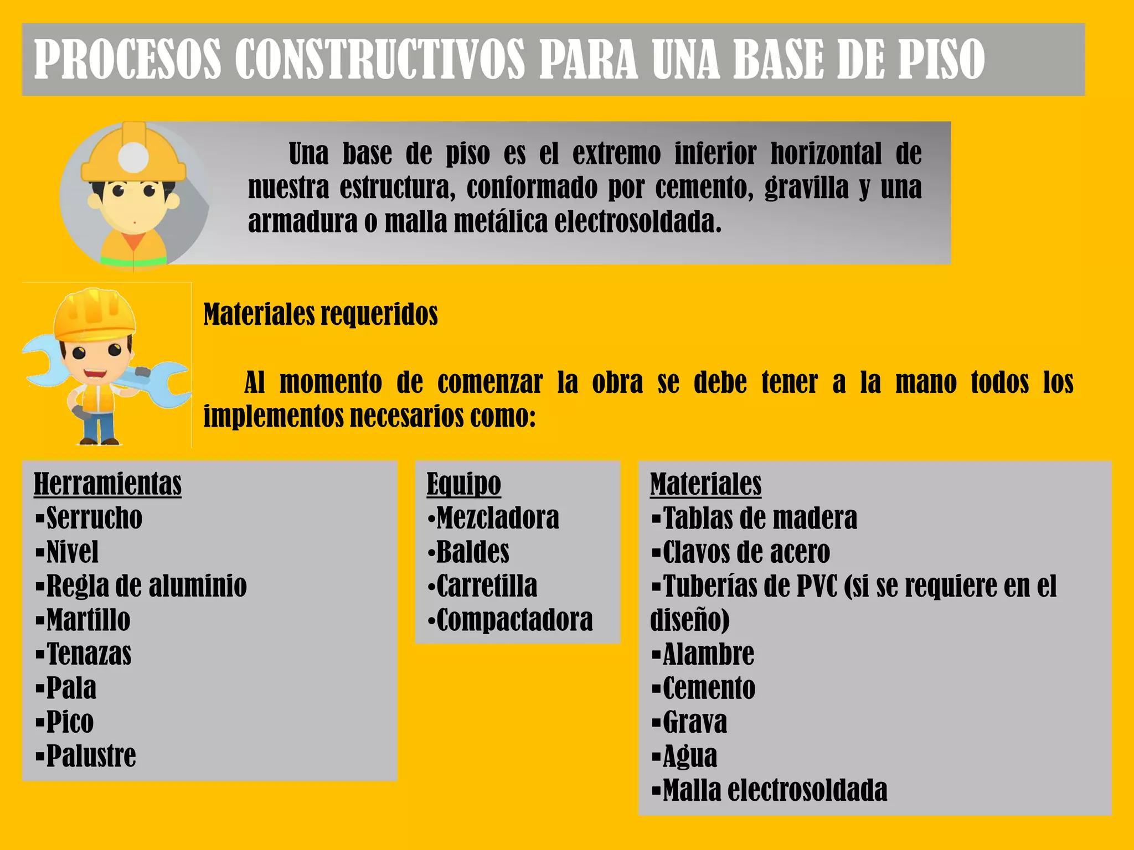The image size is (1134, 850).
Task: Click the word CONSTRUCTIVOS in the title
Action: (379, 59)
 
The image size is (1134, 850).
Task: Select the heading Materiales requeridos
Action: (321, 314)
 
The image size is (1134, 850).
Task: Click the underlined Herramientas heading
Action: (107, 484)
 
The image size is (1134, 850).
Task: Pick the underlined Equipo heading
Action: (463, 484)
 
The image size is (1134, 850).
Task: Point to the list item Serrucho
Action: (94, 518)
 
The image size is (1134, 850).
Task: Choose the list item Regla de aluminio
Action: (146, 586)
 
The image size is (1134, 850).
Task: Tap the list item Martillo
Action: (88, 620)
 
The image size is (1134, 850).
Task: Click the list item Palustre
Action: (91, 756)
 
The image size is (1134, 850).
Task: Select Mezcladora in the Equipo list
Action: (497, 518)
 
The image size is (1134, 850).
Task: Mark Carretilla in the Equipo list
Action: (486, 586)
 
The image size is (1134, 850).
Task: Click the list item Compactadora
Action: (514, 620)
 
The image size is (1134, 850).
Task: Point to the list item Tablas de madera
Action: (760, 518)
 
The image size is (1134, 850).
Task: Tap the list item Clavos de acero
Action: (746, 552)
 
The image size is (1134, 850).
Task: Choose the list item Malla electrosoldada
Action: (775, 790)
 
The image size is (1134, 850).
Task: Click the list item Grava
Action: (694, 722)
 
